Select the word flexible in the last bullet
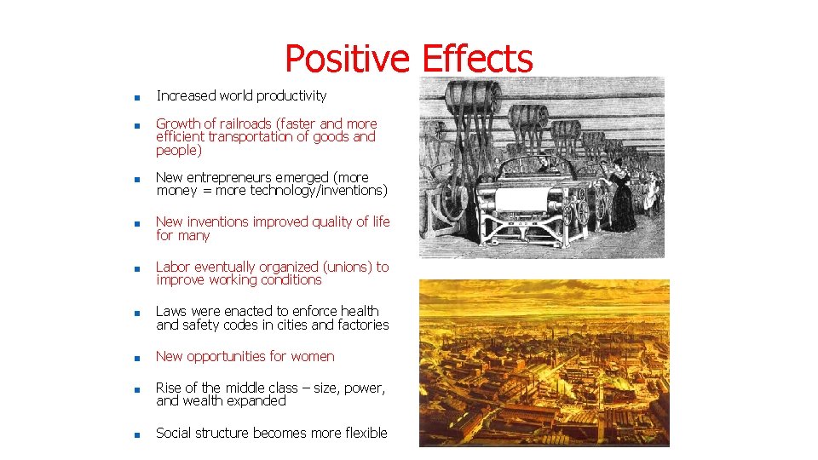click(x=364, y=433)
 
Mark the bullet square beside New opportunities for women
click(x=135, y=358)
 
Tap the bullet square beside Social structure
click(x=135, y=434)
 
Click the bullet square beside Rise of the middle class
click(x=135, y=389)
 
